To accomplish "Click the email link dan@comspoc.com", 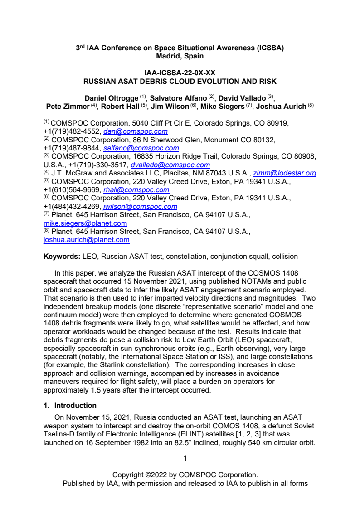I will click(x=136, y=131).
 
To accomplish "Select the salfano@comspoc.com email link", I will click(x=141, y=148).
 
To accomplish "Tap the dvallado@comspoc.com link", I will click(x=170, y=165).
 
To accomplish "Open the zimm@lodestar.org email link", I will click(x=287, y=173).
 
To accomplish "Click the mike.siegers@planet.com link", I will click(x=85, y=223).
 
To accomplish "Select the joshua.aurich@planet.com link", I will click(x=86, y=240).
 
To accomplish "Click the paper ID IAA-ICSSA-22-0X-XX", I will click(x=180, y=73).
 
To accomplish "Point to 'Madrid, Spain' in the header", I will click(x=180, y=56).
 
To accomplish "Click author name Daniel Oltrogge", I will click(x=111, y=98).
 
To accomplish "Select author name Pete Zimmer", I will click(x=68, y=107).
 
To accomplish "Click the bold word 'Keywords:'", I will click(x=62, y=257).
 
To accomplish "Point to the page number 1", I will click(x=185, y=458).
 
